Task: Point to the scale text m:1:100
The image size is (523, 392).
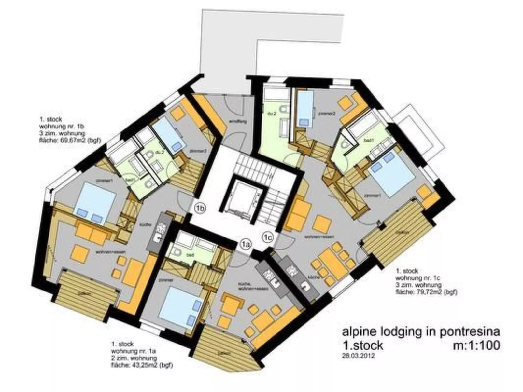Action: click(476, 345)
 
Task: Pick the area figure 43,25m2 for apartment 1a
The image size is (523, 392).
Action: click(141, 365)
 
